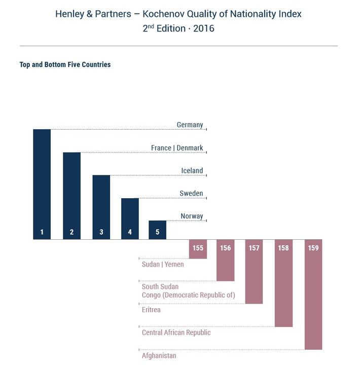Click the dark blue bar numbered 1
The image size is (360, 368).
(x=42, y=184)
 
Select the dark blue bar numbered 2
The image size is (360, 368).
(x=71, y=196)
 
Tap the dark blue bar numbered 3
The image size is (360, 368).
(x=101, y=207)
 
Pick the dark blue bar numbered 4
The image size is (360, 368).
(x=130, y=218)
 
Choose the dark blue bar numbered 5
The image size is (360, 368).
(x=157, y=230)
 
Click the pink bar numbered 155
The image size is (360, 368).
(x=198, y=249)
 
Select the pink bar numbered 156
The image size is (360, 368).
(x=226, y=260)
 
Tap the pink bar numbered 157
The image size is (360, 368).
(x=254, y=272)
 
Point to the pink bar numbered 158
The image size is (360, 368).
(x=283, y=283)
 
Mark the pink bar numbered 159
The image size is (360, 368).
(x=313, y=295)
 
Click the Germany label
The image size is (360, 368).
(x=190, y=125)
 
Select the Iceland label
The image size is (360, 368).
(x=192, y=171)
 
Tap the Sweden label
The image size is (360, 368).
(x=191, y=194)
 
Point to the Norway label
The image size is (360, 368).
(x=192, y=216)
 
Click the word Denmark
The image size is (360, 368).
(x=190, y=148)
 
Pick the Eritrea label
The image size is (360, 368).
(x=151, y=310)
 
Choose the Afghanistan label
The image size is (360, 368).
(x=159, y=355)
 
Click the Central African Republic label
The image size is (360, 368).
(x=176, y=333)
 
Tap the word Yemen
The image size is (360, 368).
(x=175, y=264)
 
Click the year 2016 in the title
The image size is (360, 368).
(x=203, y=28)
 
